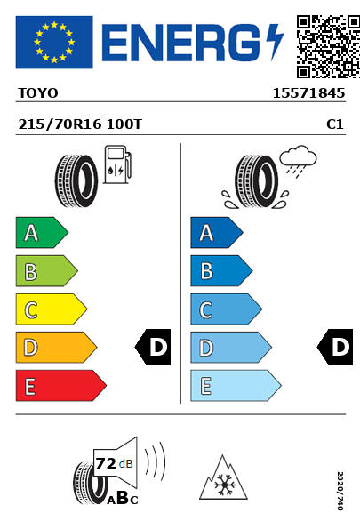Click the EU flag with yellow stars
pyautogui.click(x=54, y=42)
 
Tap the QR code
pyautogui.click(x=328, y=46)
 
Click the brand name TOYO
pyautogui.click(x=38, y=93)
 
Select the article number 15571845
pyautogui.click(x=308, y=93)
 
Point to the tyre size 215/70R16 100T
pyautogui.click(x=80, y=124)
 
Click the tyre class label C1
pyautogui.click(x=335, y=124)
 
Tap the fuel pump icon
pyautogui.click(x=117, y=164)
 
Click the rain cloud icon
pyautogui.click(x=299, y=161)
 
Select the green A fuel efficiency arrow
pyautogui.click(x=42, y=232)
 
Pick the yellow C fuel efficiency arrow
pyautogui.click(x=52, y=309)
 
